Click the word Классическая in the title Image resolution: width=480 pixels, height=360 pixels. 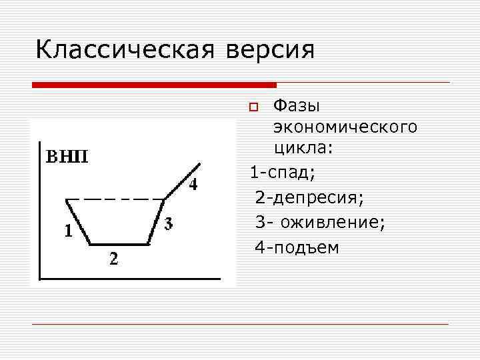(124, 51)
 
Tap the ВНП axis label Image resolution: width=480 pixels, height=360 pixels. (67, 157)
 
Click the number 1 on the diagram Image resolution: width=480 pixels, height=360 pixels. (67, 231)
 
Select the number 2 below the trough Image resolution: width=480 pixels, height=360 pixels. (115, 259)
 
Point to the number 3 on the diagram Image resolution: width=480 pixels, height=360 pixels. (169, 222)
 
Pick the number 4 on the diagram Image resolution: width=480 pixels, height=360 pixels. (192, 185)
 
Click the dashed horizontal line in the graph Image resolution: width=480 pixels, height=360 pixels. (117, 199)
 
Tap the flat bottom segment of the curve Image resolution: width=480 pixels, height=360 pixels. (119, 244)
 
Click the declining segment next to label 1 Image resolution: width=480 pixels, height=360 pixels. (78, 221)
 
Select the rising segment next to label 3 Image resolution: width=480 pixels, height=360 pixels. (157, 221)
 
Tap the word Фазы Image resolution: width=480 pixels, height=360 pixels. (297, 107)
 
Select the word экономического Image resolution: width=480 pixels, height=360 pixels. (345, 126)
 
